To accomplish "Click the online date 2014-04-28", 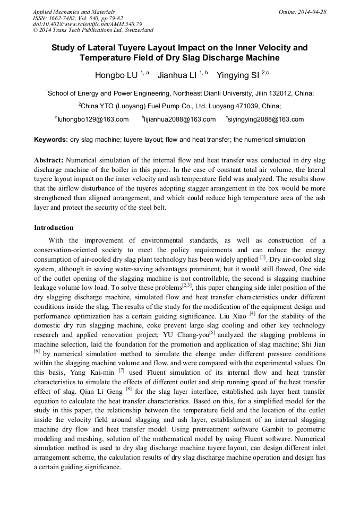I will click(x=313, y=12).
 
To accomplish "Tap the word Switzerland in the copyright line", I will click(x=134, y=30).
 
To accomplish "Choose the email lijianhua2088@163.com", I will click(x=179, y=119).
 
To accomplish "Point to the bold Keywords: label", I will click(x=51, y=140).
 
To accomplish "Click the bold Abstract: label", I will click(x=49, y=160).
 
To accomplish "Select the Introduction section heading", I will click(x=54, y=228).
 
